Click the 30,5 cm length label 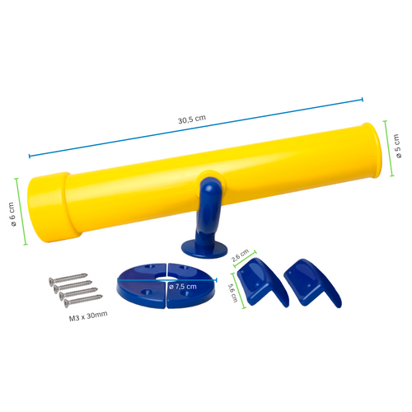click(x=192, y=119)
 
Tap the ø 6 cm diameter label click(x=12, y=214)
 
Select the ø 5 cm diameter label click(x=397, y=146)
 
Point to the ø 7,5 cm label click(x=183, y=287)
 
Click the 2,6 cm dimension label click(x=240, y=255)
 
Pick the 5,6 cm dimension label click(x=232, y=293)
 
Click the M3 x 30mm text click(x=88, y=316)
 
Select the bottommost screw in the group click(x=83, y=300)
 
